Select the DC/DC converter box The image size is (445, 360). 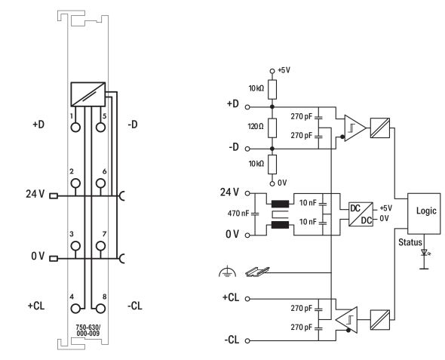point(360,214)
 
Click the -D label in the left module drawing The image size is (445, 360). point(133,124)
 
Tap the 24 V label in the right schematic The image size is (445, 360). point(232,189)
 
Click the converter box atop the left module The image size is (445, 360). point(87,94)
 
